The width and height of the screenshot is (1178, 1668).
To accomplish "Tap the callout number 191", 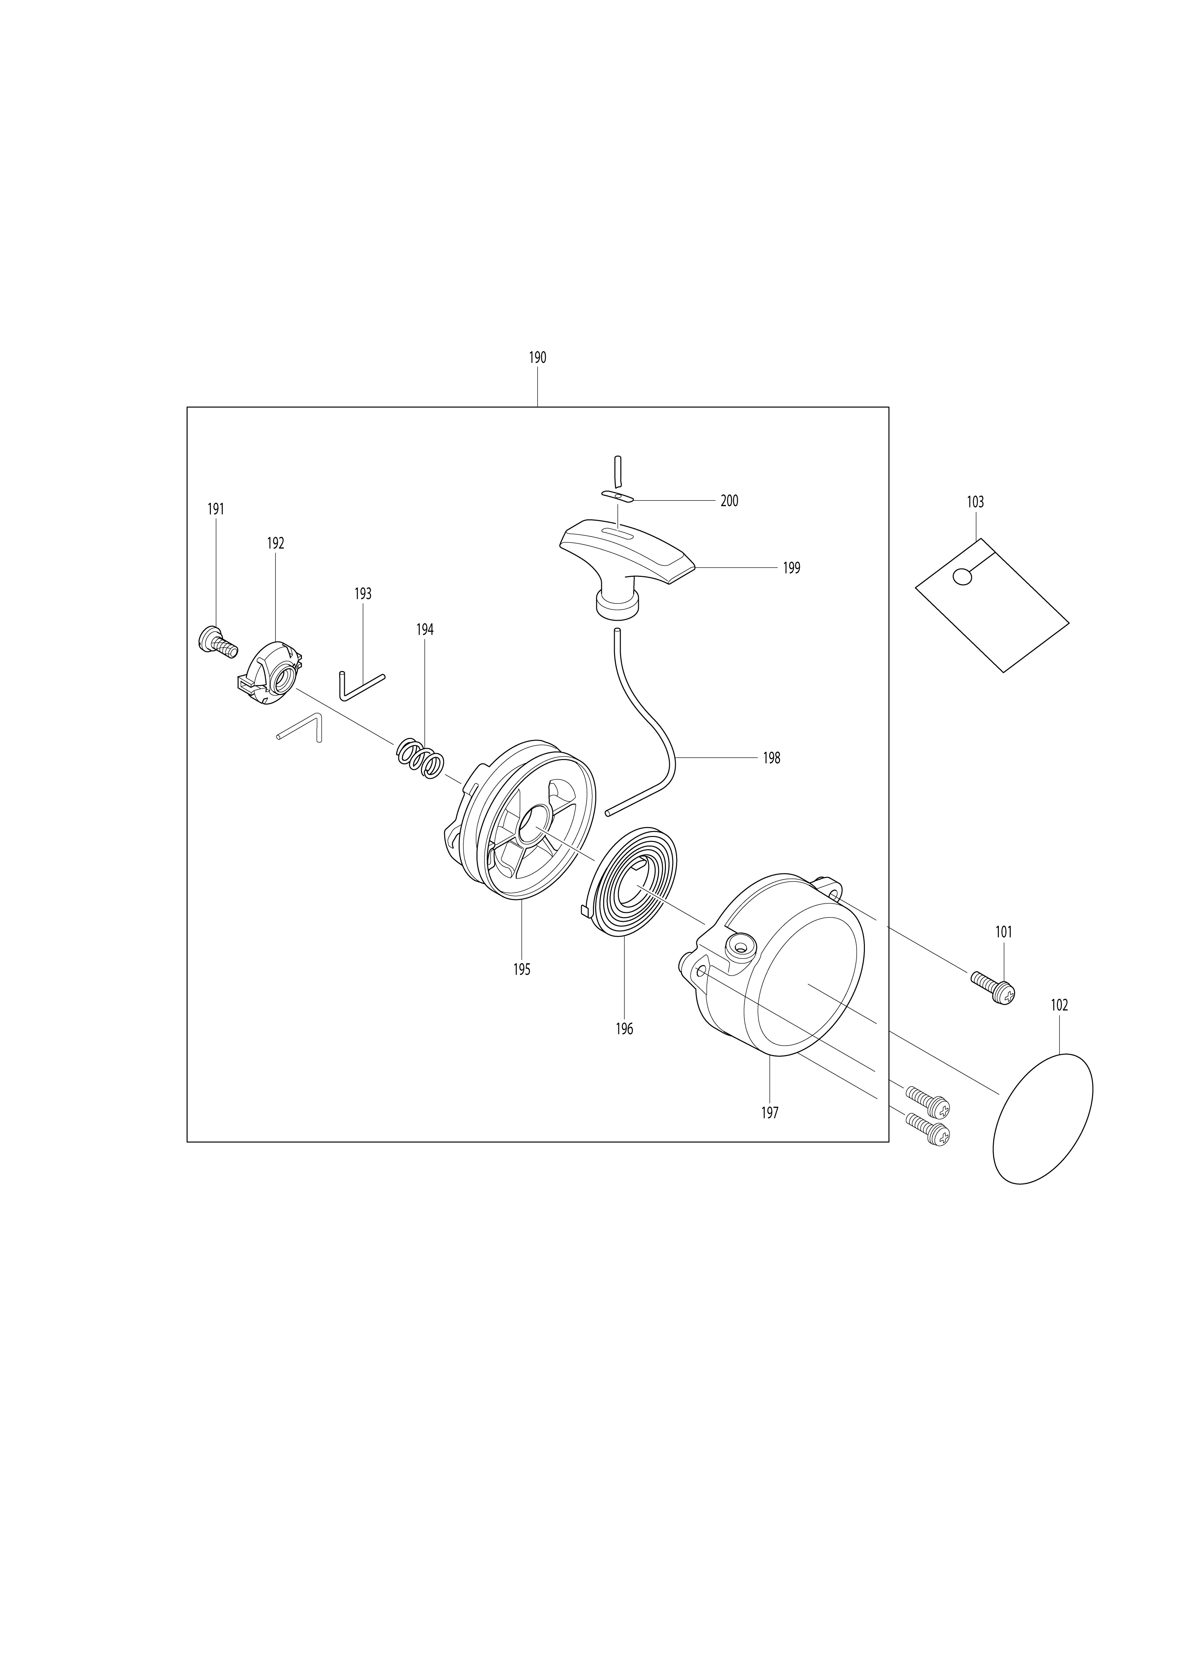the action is pyautogui.click(x=216, y=509).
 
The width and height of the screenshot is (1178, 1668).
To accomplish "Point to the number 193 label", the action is pyautogui.click(x=363, y=594).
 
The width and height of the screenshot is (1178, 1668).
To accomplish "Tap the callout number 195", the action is pyautogui.click(x=521, y=969).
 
